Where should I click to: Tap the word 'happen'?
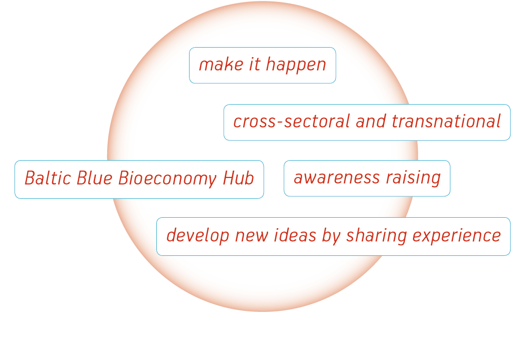point(296,65)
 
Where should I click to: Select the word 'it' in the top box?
point(255,64)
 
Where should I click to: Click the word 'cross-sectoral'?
point(291,121)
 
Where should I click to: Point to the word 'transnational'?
point(446,121)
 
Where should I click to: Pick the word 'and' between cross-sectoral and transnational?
point(371,121)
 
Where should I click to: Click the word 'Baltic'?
point(48,178)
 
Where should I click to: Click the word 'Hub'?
point(238,178)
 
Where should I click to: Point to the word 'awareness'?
point(336,178)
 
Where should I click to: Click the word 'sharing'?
point(376,237)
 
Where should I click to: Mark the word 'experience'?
point(456,237)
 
